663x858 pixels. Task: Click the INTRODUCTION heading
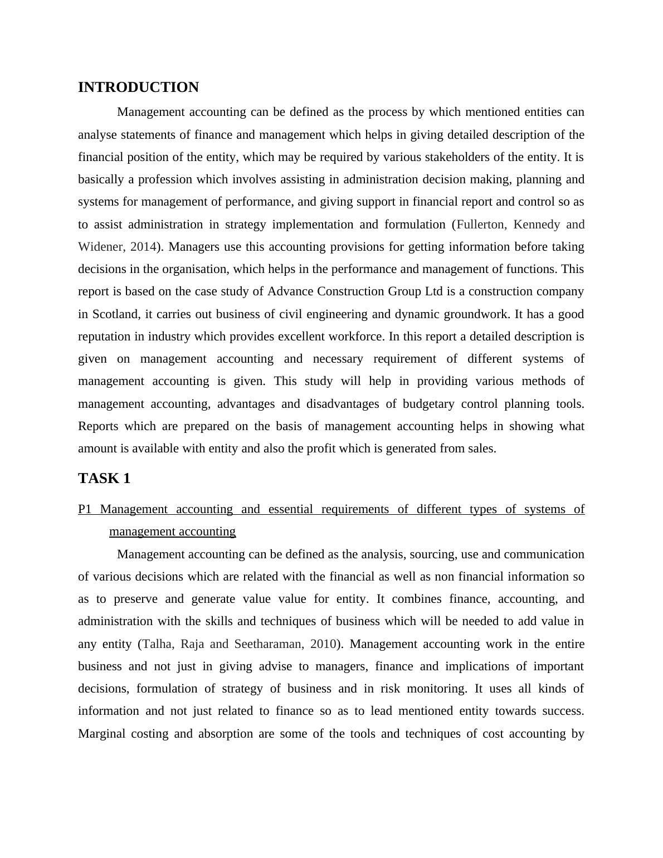(138, 87)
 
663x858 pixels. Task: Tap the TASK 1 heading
(104, 479)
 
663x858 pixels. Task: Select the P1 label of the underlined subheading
(85, 509)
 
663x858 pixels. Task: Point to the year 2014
(143, 247)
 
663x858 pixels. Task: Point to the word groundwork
(479, 314)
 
